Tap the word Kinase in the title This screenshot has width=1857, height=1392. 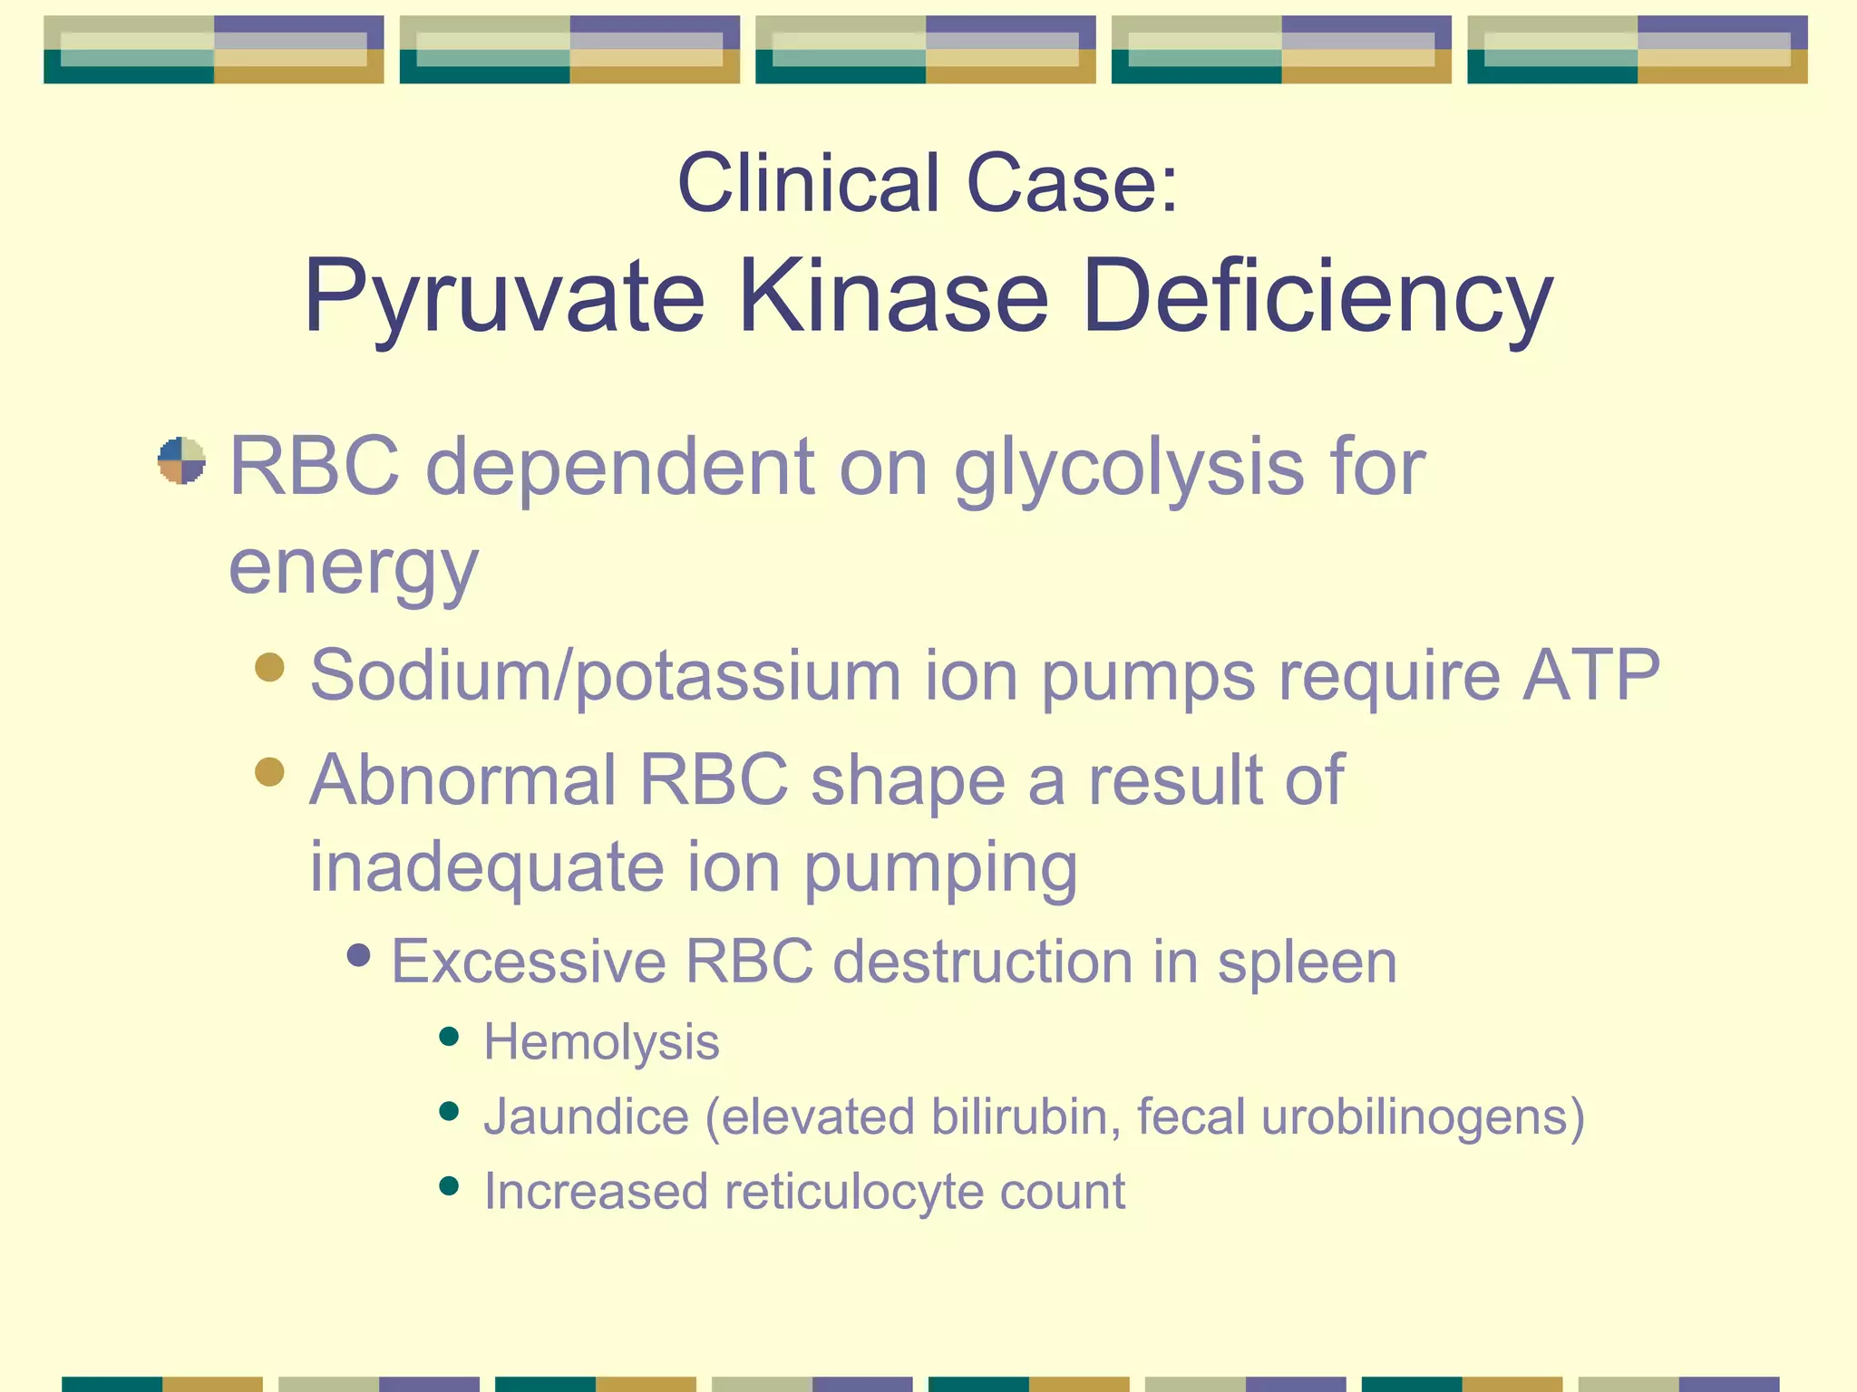894,297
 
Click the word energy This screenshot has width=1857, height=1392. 353,568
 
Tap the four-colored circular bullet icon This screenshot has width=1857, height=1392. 181,460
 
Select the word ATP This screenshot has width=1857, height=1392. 1591,675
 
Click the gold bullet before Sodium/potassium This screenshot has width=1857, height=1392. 269,668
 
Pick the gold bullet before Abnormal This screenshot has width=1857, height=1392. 269,772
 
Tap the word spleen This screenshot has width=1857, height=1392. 1307,962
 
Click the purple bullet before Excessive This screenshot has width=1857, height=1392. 359,954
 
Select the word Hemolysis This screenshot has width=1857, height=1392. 601,1042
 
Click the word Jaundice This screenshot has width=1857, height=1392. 586,1116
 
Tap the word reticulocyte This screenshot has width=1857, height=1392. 853,1192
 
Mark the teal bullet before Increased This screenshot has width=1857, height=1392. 448,1185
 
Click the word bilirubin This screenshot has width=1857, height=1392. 1026,1116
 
